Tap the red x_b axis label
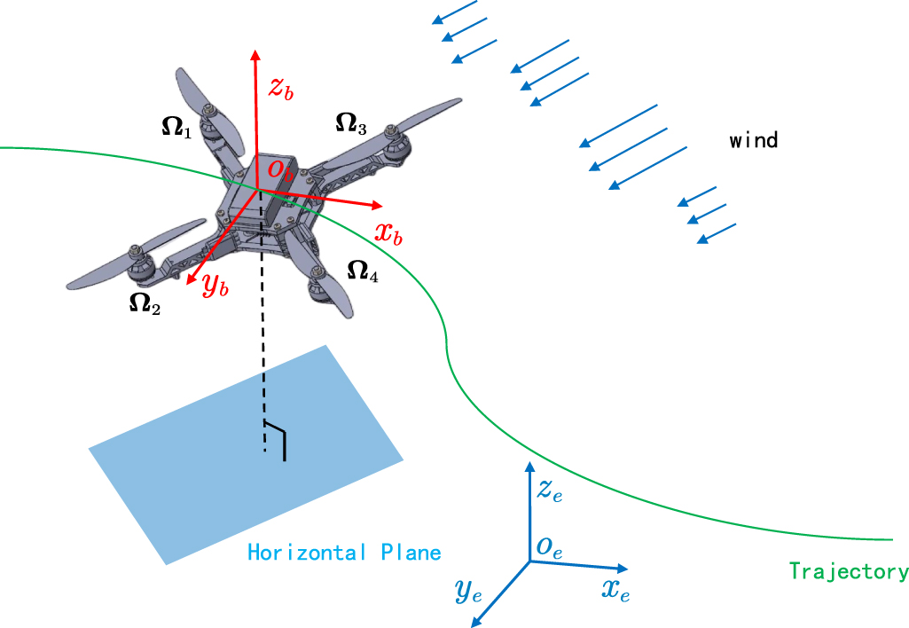coord(388,234)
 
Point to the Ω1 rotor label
coord(176,128)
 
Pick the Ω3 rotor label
coord(351,123)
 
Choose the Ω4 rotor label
coord(363,271)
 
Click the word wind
coord(754,140)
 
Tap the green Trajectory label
coord(848,571)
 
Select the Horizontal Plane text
coord(344,553)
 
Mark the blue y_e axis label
coord(468,592)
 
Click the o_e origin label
coord(548,547)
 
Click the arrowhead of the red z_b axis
coord(255,55)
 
